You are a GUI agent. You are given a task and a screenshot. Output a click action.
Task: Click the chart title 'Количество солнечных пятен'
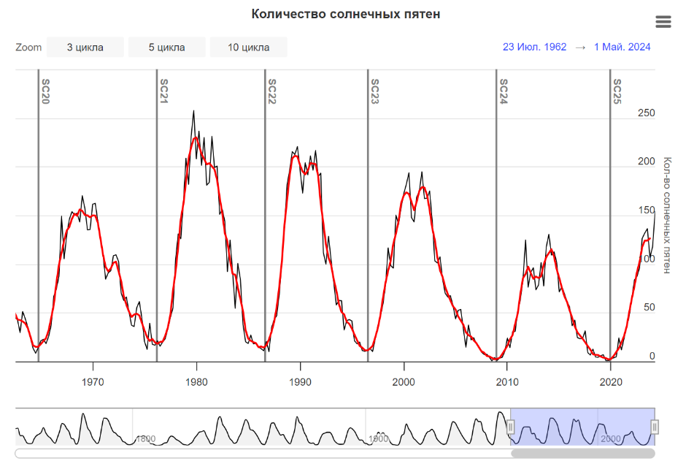(346, 15)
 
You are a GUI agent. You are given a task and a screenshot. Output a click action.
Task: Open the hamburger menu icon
(663, 22)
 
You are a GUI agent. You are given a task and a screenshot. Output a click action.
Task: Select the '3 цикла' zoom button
(85, 47)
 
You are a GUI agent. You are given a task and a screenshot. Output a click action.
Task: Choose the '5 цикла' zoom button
(167, 47)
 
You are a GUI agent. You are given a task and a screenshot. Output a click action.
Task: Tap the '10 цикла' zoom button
(249, 47)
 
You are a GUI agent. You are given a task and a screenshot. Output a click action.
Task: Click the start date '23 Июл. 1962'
(534, 47)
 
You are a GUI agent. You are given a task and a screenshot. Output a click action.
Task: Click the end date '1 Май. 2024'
(622, 47)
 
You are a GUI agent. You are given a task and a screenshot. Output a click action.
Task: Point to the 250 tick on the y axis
(647, 113)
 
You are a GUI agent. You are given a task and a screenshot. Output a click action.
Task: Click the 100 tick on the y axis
(647, 259)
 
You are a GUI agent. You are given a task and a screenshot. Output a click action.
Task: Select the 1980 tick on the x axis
(196, 381)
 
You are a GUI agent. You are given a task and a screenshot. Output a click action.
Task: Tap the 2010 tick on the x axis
(507, 381)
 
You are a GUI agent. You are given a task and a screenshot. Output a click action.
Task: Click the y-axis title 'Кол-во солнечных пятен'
(666, 215)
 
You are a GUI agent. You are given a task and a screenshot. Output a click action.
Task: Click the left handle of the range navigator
(511, 427)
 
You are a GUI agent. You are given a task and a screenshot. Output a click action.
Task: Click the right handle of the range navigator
(655, 427)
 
